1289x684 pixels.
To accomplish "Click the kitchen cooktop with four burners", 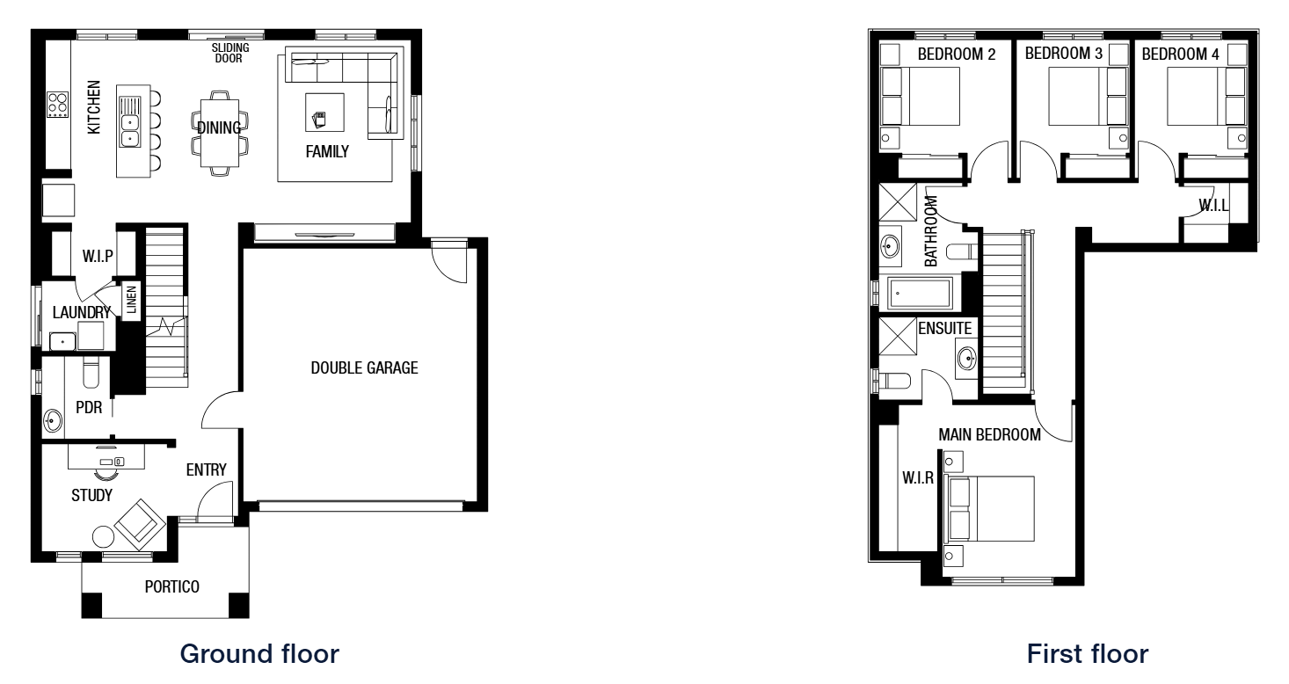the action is tap(57, 105).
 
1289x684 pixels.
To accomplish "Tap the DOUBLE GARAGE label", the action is tap(364, 367).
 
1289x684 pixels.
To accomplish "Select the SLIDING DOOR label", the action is tap(230, 53).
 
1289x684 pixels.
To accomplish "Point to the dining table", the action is tap(219, 133).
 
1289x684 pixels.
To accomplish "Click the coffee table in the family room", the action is tap(324, 113).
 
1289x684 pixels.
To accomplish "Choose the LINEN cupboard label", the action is tap(132, 300).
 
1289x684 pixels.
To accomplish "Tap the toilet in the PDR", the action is tap(91, 372).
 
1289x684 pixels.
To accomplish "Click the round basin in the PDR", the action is tap(53, 420).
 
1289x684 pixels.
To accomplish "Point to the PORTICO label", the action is tap(172, 586).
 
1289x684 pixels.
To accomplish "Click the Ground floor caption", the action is tap(259, 654).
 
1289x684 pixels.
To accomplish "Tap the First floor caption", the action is tap(1088, 654).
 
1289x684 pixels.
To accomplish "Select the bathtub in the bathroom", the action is tap(919, 294).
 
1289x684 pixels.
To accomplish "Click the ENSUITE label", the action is tap(945, 329).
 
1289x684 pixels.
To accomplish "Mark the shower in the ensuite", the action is tap(898, 337).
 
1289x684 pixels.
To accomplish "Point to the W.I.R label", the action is tap(918, 477).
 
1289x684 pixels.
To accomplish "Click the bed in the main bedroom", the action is tap(990, 508).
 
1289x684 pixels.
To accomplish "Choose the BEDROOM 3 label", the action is tap(1063, 54).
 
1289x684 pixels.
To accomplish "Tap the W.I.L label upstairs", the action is tap(1213, 206).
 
